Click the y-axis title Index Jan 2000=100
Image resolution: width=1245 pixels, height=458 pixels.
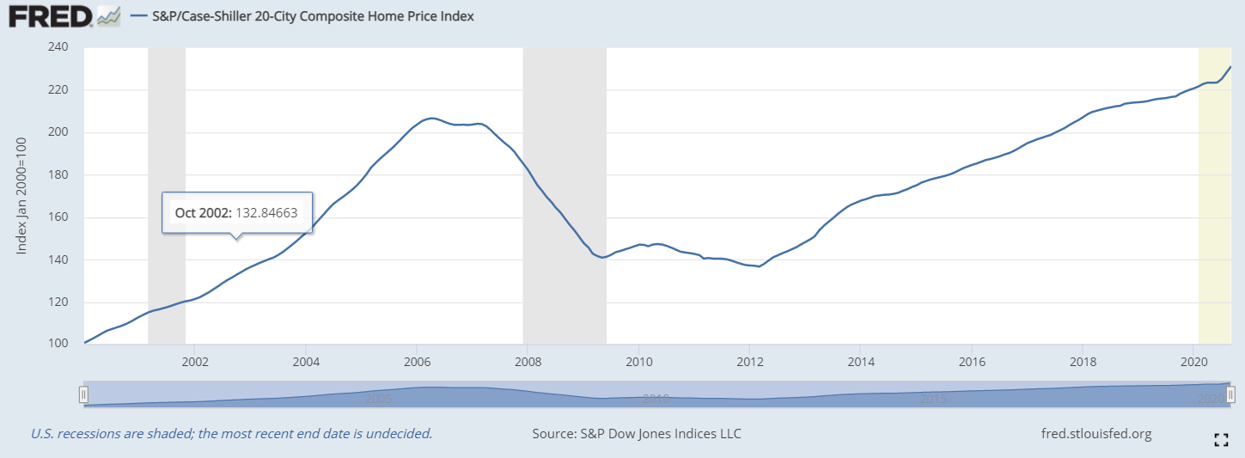22,196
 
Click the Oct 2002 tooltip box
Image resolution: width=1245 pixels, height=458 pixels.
236,212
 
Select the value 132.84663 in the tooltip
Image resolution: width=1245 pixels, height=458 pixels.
266,212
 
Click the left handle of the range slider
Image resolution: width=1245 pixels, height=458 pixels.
83,394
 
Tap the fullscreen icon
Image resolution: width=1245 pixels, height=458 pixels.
1220,440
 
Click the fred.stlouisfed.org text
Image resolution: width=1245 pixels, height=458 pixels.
1095,434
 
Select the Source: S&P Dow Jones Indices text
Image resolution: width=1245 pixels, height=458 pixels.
637,434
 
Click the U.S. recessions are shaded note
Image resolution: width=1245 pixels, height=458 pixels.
231,434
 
